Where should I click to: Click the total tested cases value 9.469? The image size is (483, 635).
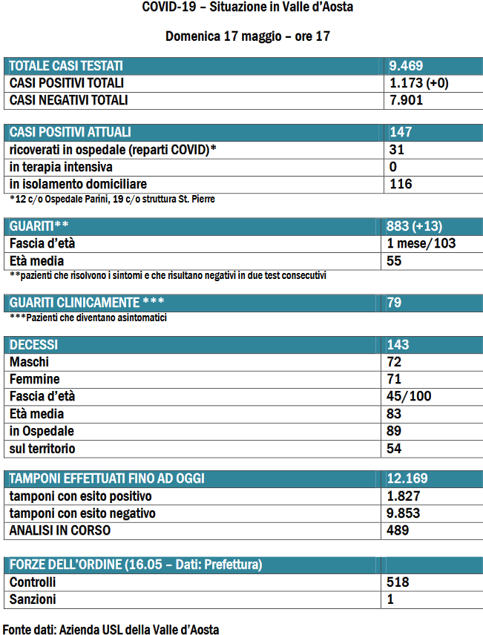pos(407,65)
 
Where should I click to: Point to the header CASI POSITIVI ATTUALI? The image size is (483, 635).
pos(70,132)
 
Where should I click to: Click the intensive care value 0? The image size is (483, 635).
pos(393,166)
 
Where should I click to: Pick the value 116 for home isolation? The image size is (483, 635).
pos(401,183)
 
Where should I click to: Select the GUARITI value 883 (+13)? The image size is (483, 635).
pos(415,226)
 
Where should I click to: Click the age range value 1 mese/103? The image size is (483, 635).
pos(421,243)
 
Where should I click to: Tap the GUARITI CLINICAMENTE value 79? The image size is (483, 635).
pos(395,302)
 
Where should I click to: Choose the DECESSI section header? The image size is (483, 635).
pos(33,345)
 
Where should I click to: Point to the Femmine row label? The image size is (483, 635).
pos(35,379)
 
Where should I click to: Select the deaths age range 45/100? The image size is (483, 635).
pos(409,396)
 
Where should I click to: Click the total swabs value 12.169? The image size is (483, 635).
pos(407,478)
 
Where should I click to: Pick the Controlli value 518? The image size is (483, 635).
pos(398,582)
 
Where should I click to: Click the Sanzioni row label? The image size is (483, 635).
pos(33,599)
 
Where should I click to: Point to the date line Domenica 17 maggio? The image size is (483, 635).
pos(248,36)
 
